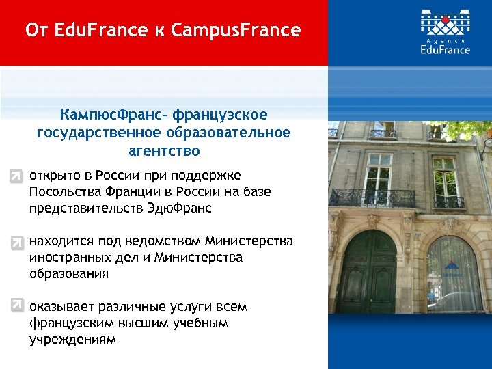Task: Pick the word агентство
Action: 163,149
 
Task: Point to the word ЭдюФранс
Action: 182,208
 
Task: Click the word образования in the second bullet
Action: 69,274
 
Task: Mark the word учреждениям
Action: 72,339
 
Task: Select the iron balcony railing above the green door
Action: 372,197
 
